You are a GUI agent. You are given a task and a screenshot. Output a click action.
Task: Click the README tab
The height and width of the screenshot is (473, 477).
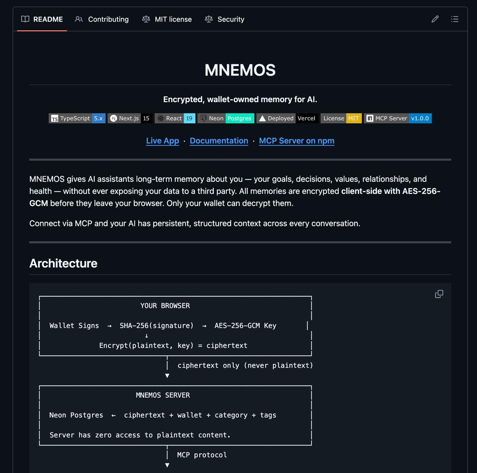tap(42, 19)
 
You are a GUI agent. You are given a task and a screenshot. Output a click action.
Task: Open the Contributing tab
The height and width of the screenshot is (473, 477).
tap(102, 19)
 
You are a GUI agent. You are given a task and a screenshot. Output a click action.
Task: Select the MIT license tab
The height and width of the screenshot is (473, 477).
tap(167, 19)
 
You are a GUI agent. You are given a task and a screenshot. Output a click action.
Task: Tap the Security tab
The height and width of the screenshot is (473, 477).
tap(225, 19)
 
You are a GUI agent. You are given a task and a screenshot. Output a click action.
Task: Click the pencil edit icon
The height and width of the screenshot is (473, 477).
tap(435, 19)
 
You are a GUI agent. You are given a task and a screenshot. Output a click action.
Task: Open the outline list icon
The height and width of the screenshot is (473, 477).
tap(455, 19)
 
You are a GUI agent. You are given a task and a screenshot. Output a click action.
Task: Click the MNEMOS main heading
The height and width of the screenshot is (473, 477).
tap(240, 70)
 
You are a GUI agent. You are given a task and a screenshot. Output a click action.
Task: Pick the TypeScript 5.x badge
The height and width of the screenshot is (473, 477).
tap(77, 118)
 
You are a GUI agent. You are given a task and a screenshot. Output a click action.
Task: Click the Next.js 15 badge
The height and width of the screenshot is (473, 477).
tap(130, 118)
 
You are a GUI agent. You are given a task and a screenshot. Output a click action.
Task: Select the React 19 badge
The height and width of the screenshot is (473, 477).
tap(175, 118)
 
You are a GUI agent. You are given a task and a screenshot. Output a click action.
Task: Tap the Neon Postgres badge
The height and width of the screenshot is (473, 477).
tap(226, 118)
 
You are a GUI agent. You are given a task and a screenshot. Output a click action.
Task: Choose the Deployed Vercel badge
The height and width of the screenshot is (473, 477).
tap(287, 118)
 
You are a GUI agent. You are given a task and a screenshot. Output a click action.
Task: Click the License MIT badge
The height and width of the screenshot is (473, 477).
tap(341, 118)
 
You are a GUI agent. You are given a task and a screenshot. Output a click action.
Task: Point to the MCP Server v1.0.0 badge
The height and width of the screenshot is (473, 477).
tap(397, 118)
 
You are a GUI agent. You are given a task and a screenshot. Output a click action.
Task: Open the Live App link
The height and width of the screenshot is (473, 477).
tap(163, 141)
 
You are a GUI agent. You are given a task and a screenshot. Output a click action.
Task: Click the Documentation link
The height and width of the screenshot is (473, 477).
tap(219, 141)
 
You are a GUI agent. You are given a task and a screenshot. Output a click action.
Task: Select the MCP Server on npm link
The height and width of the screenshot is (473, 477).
tap(297, 141)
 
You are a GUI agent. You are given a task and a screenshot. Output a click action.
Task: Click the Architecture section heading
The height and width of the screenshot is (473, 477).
tap(64, 263)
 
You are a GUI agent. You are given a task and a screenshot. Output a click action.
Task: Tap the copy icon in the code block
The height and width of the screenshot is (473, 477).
tap(439, 294)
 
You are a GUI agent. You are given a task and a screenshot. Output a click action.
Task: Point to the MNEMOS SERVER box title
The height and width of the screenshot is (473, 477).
tap(163, 395)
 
